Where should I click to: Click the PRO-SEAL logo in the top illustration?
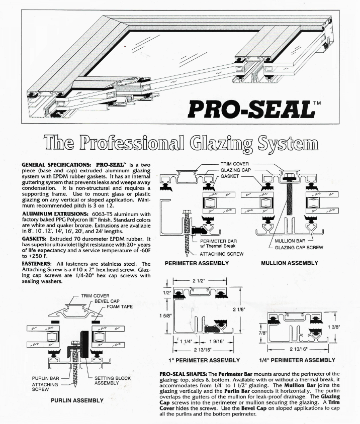point(251,108)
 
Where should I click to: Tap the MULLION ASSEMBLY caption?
point(290,263)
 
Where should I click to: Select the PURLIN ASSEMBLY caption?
point(77,400)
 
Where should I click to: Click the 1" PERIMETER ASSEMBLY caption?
point(203,360)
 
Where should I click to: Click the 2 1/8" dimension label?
point(239,309)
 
